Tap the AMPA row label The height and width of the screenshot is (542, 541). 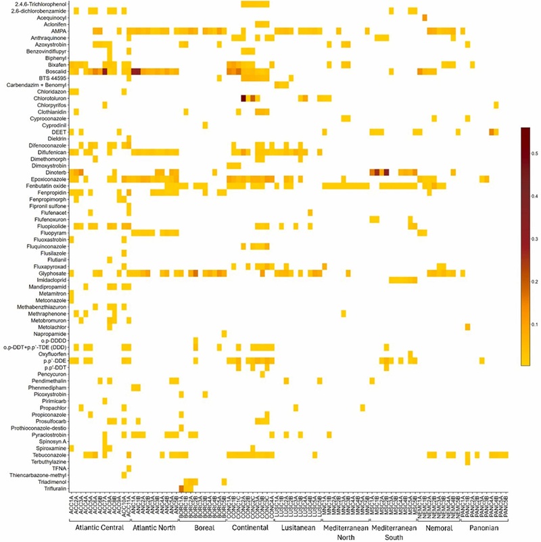coord(58,31)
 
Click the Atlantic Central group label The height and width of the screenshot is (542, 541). coord(99,528)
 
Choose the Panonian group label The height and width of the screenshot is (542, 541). coord(484,528)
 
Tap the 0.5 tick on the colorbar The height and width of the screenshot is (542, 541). coord(535,155)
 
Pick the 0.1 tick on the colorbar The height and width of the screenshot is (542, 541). coord(535,324)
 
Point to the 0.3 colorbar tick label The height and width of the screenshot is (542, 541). coord(535,240)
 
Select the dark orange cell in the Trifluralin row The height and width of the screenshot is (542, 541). coord(181,489)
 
